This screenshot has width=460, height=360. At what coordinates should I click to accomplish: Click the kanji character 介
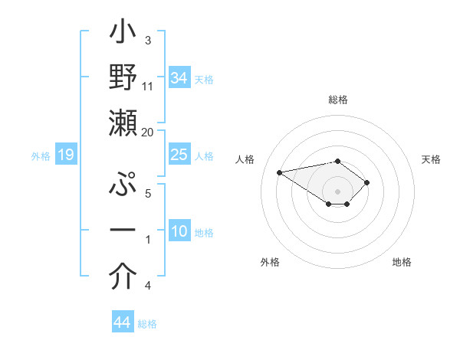(x=122, y=277)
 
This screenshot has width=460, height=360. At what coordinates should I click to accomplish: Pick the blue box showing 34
(x=179, y=77)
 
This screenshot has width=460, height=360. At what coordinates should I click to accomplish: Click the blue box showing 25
(x=179, y=155)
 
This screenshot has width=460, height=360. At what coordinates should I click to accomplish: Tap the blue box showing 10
(x=179, y=231)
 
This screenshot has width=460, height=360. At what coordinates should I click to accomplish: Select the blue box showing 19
(x=66, y=155)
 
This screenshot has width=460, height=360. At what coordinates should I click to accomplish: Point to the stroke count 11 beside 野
(x=148, y=86)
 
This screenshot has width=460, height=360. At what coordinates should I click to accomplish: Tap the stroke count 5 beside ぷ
(x=147, y=194)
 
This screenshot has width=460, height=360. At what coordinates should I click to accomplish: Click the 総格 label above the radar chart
(x=338, y=100)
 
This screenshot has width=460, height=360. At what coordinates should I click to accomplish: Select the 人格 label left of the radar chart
(x=245, y=159)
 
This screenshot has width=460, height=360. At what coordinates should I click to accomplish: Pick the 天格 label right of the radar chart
(x=432, y=159)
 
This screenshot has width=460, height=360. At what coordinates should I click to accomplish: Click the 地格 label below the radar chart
(x=402, y=262)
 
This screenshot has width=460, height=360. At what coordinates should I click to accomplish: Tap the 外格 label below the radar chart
(x=270, y=262)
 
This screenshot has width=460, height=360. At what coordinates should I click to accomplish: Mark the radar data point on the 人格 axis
(x=280, y=172)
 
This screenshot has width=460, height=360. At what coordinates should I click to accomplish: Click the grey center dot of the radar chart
(x=338, y=190)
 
